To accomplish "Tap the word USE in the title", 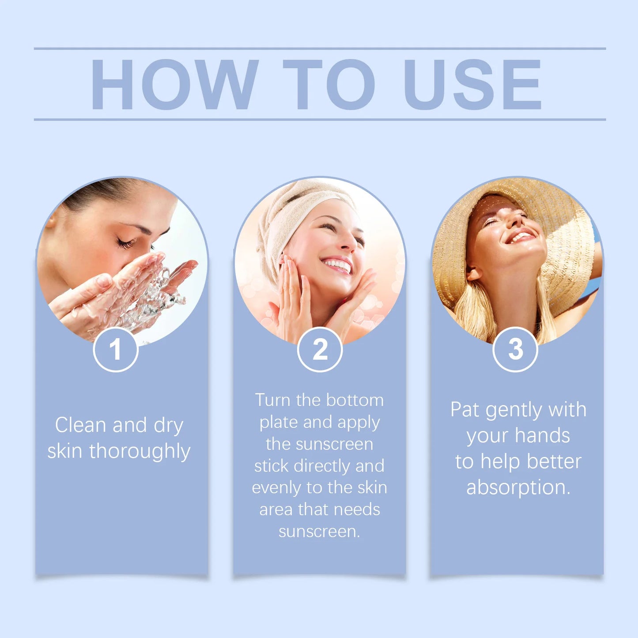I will point(472,84).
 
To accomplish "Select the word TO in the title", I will point(329,84).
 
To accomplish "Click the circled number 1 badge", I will point(116,350).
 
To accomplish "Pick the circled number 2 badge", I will point(320,350).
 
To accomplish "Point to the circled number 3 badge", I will point(515,350).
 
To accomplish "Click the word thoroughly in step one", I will point(140,452).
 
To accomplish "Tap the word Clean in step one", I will point(80,425).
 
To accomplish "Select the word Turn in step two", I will point(273,400).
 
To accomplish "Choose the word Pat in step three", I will point(464,409).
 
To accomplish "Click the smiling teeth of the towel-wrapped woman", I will point(338,265).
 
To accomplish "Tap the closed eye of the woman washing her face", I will point(125,242).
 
